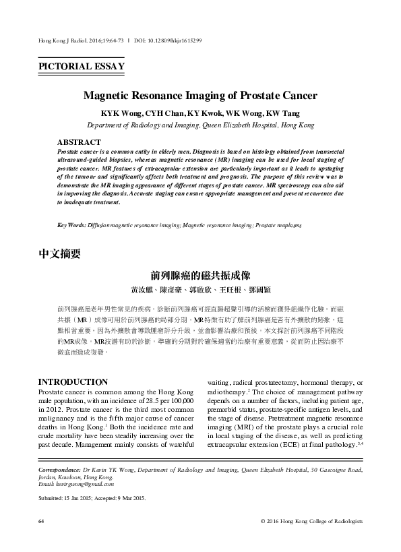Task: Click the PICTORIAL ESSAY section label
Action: [82, 66]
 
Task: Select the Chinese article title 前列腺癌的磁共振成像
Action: [201, 276]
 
